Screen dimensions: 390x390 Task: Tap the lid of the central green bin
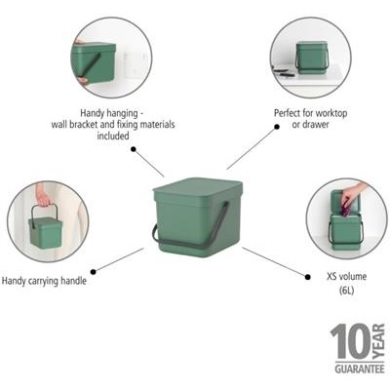196,187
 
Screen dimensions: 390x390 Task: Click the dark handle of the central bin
156,234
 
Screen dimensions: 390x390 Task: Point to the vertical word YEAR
378,342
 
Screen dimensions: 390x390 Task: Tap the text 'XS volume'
346,277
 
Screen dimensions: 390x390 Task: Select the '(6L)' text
346,291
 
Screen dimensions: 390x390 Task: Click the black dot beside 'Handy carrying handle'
94,272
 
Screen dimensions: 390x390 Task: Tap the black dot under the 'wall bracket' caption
133,150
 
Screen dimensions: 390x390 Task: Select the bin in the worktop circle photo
311,56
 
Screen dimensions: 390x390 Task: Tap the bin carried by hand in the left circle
45,232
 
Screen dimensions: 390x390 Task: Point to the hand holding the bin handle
43,196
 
